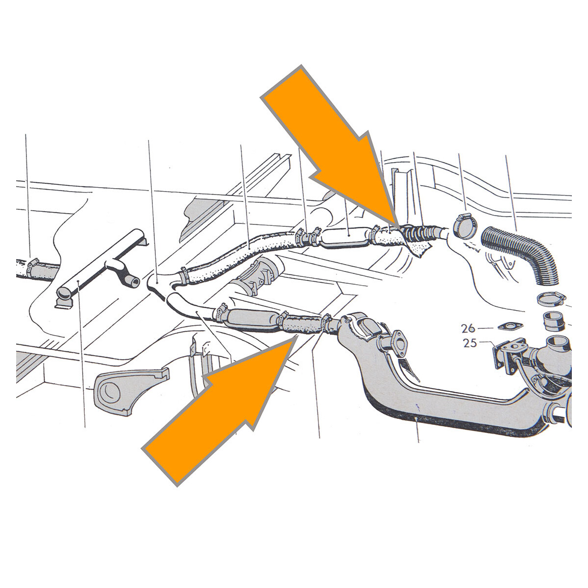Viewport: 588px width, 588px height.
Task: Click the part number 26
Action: [x=468, y=329]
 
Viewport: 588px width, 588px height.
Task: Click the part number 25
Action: [x=470, y=343]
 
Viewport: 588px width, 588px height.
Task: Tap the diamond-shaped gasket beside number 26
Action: [x=505, y=326]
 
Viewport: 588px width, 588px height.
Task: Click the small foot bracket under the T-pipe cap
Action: [x=64, y=303]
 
